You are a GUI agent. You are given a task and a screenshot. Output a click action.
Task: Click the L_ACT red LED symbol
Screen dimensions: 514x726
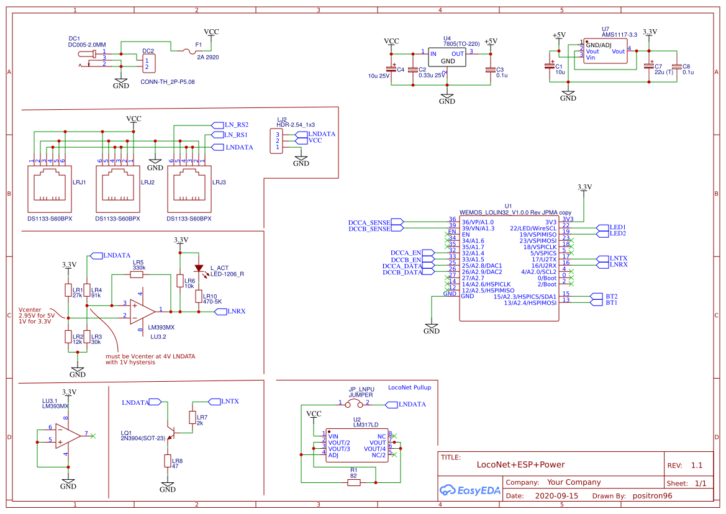(199, 269)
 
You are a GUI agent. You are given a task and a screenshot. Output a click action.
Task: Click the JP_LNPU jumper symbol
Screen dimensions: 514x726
(355, 404)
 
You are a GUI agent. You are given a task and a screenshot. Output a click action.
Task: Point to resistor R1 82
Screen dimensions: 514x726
(353, 482)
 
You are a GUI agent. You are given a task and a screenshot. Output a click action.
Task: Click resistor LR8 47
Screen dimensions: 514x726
(168, 461)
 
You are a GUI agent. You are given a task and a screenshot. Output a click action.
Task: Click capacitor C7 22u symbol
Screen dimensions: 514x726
(650, 66)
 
